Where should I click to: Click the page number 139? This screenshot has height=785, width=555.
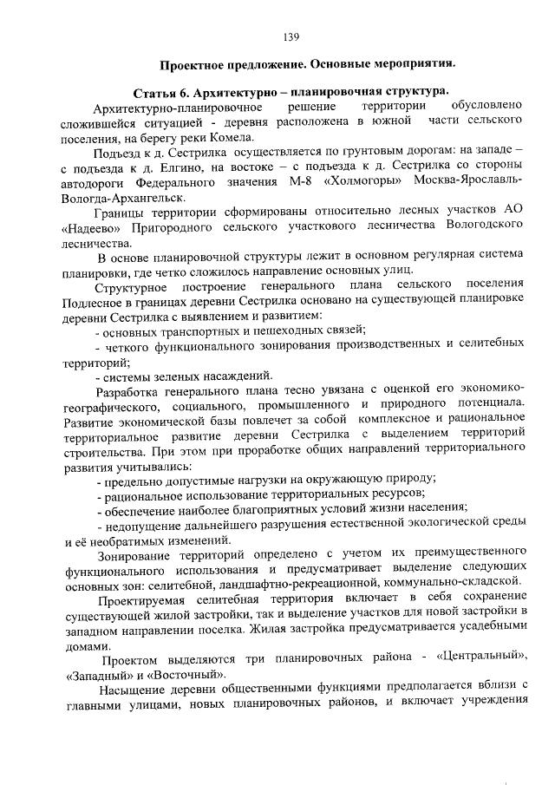[x=291, y=36]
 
